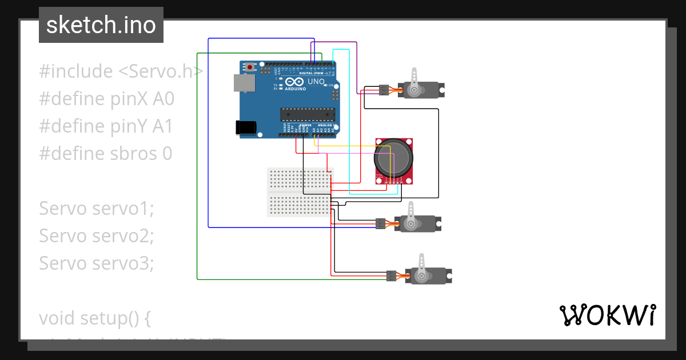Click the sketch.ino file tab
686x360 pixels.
pyautogui.click(x=101, y=25)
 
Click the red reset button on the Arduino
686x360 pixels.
pyautogui.click(x=250, y=67)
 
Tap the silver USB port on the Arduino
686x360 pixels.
pyautogui.click(x=245, y=83)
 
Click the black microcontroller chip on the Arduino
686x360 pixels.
pyautogui.click(x=306, y=113)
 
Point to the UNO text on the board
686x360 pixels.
pyautogui.click(x=316, y=82)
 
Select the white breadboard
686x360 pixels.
pyautogui.click(x=300, y=192)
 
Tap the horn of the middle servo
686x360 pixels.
pyautogui.click(x=410, y=215)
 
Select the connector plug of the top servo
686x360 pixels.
pyautogui.click(x=383, y=90)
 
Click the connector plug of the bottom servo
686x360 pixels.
pyautogui.click(x=392, y=276)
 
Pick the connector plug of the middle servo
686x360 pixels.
pyautogui.click(x=380, y=223)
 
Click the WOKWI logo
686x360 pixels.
pyautogui.click(x=607, y=315)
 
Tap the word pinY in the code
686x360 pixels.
pyautogui.click(x=129, y=126)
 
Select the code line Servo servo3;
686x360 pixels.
pyautogui.click(x=97, y=263)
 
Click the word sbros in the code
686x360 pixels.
pyautogui.click(x=133, y=154)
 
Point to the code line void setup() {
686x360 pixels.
pyautogui.click(x=95, y=318)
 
